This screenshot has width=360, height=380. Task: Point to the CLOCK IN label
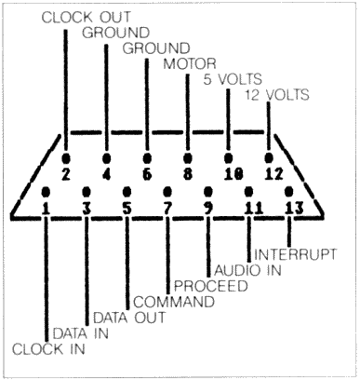[47, 349]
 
